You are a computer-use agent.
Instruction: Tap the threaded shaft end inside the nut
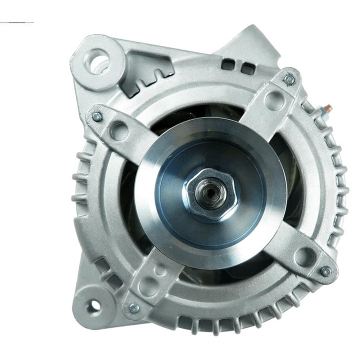click(207, 192)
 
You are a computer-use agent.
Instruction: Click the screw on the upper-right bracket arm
click(289, 79)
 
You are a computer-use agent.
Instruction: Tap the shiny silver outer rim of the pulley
click(150, 165)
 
